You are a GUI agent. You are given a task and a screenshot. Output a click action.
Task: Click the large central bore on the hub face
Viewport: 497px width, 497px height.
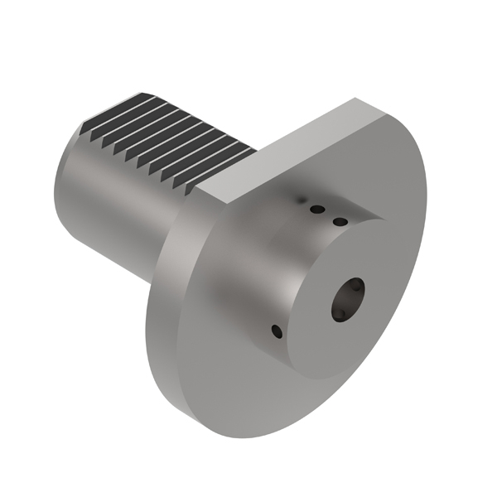click(x=348, y=299)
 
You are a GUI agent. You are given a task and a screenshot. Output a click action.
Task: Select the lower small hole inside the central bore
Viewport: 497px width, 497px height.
click(x=339, y=313)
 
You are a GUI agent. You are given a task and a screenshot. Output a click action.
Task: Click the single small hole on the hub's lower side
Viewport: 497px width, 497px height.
click(x=277, y=332)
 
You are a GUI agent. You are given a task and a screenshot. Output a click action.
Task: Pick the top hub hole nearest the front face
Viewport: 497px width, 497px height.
click(x=339, y=221)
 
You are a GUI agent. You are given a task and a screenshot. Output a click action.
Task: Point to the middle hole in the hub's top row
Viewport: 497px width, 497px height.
click(x=316, y=210)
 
